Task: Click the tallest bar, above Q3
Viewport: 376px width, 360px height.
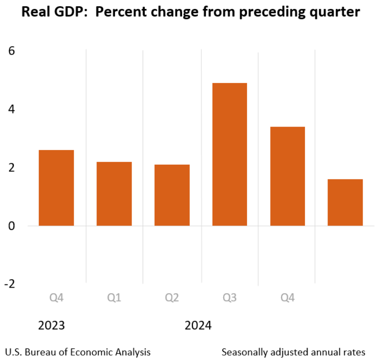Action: pos(229,154)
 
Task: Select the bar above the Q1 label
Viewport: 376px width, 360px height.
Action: pos(114,194)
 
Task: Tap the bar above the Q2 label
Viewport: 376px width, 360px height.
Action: pos(172,195)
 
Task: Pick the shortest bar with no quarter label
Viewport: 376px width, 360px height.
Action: pos(345,202)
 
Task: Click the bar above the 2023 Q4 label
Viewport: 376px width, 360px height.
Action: pos(56,188)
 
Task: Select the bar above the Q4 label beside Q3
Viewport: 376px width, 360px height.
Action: pos(287,176)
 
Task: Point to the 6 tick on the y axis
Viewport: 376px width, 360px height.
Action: pos(12,51)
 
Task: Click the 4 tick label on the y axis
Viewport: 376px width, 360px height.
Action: pos(12,109)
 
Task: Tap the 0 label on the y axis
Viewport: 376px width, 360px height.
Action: pos(12,226)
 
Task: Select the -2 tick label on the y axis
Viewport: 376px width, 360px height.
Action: pos(10,284)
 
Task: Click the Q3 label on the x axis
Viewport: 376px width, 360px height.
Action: pos(229,297)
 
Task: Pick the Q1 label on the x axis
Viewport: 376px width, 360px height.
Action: pos(114,297)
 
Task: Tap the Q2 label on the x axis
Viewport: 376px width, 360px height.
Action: pos(172,297)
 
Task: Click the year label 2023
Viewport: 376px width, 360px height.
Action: pos(52,325)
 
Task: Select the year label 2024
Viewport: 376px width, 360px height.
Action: pos(198,325)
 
